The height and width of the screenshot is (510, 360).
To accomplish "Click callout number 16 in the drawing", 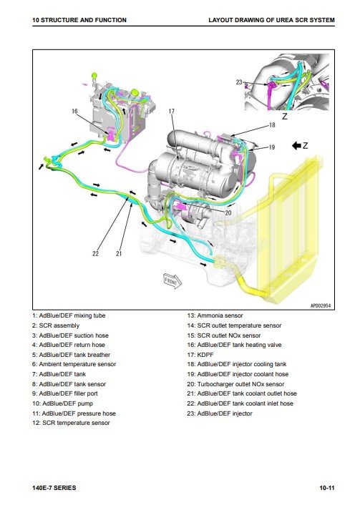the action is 74,112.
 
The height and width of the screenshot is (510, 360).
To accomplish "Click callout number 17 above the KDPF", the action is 172,112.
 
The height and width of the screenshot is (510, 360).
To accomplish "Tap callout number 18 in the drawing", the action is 272,124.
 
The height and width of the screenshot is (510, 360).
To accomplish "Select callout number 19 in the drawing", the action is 272,147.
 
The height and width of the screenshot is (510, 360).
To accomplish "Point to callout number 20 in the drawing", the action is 228,212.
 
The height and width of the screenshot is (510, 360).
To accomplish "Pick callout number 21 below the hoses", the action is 119,253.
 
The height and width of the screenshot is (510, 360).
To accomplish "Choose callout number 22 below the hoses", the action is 95,253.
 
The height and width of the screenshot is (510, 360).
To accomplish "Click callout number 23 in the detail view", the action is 239,82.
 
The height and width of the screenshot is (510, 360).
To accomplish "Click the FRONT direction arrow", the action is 172,281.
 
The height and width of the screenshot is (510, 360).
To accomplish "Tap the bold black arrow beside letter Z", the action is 296,145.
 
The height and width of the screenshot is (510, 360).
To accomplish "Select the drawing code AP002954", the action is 321,305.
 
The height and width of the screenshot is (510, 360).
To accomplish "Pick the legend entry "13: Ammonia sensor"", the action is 215,315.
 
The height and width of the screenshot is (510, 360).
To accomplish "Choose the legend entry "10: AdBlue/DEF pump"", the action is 62,403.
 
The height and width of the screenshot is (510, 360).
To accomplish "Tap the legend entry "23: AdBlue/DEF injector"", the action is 220,413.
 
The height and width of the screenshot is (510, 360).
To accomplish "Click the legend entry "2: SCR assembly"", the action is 56,325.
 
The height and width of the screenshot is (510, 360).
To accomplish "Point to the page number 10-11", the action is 327,488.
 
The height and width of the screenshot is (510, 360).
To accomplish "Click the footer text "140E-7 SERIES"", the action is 54,488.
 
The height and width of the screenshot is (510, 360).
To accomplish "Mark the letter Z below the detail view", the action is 285,116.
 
